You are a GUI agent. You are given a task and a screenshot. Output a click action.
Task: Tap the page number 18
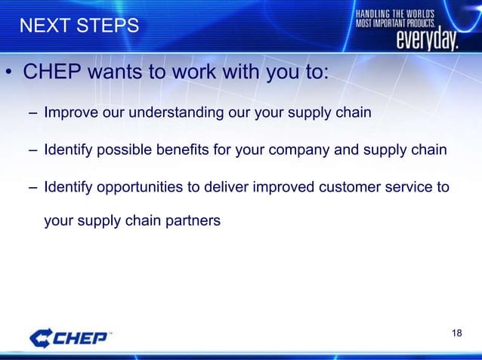(x=456, y=334)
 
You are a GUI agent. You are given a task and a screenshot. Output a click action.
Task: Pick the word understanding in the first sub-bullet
(x=170, y=114)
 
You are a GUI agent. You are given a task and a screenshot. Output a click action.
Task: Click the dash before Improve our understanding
(x=32, y=114)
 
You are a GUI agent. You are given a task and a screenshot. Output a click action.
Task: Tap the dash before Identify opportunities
(x=32, y=186)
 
